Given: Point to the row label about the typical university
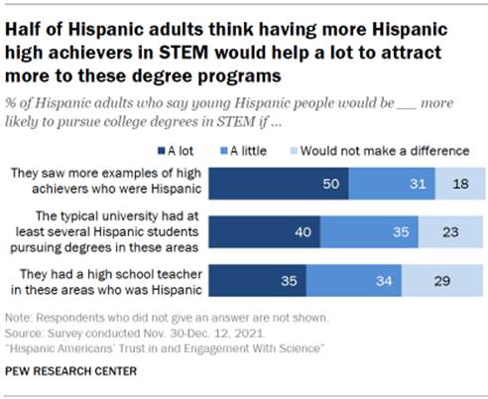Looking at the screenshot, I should coord(110,232).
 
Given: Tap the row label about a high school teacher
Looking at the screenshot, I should coord(108,280).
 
